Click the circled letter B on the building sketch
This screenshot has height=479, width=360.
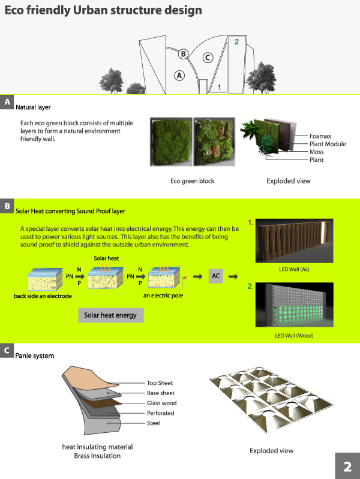(x=184, y=53)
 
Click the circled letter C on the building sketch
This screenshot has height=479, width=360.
(x=208, y=58)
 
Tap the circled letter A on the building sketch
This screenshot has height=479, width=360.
(x=179, y=76)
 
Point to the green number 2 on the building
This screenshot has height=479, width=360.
(x=236, y=42)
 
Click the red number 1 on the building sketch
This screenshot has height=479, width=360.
(x=220, y=88)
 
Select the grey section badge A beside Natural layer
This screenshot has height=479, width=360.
(x=7, y=102)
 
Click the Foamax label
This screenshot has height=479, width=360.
(x=322, y=136)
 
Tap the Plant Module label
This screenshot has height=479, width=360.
(x=328, y=144)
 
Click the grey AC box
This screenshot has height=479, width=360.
(x=217, y=276)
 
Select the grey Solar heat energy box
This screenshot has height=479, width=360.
(x=110, y=315)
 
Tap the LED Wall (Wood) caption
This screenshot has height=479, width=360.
(x=294, y=336)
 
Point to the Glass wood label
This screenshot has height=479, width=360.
(x=162, y=403)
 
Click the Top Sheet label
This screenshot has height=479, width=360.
(x=160, y=382)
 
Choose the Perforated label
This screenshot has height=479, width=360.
(x=161, y=413)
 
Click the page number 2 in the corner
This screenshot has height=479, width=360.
(x=347, y=466)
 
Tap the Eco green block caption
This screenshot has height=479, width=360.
(x=193, y=180)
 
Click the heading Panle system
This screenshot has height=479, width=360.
(x=35, y=356)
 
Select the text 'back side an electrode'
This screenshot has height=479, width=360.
(x=43, y=297)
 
